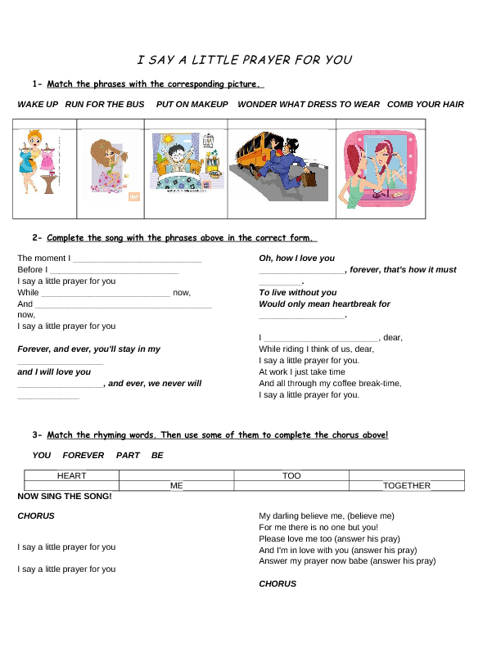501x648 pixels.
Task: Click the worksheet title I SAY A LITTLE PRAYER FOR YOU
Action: point(245,60)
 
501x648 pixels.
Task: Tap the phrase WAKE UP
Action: point(38,105)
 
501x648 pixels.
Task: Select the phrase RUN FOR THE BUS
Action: point(105,105)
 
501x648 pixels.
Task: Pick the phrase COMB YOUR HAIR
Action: point(426,105)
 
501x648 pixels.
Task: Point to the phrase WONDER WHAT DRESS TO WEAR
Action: point(309,105)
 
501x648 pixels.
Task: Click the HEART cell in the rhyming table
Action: point(72,475)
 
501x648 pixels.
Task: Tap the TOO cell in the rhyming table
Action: point(291,475)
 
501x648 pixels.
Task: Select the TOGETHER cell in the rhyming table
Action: point(407,486)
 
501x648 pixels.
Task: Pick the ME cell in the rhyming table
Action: point(177,486)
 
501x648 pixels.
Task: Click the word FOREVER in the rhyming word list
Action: point(83,455)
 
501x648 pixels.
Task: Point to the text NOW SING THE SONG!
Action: point(65,497)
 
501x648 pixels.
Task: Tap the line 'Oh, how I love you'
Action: point(297,259)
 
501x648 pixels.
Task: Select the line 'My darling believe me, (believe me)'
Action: point(327,516)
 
